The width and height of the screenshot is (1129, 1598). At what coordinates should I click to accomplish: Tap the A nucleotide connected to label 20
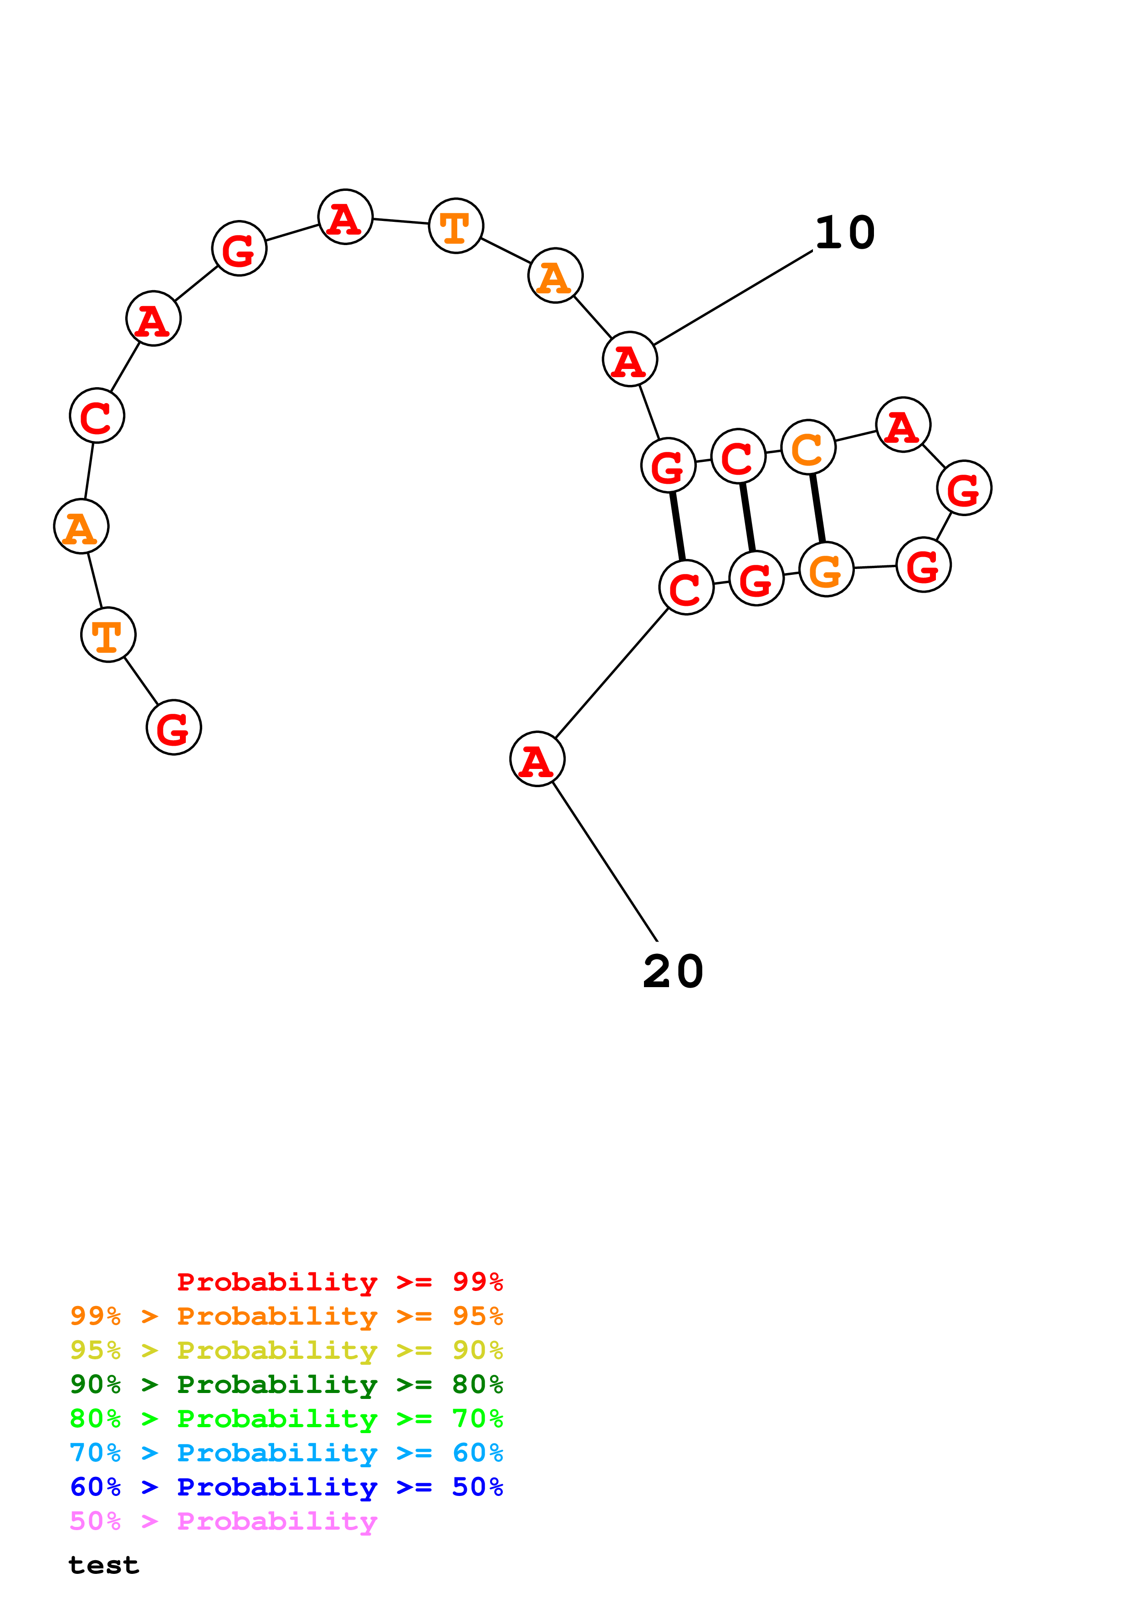pyautogui.click(x=537, y=758)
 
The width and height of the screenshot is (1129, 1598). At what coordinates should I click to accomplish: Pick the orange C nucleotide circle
pyautogui.click(x=807, y=447)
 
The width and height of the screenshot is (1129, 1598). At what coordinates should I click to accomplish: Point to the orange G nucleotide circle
pyautogui.click(x=826, y=569)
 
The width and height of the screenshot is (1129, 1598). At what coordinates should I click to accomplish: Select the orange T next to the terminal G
pyautogui.click(x=108, y=635)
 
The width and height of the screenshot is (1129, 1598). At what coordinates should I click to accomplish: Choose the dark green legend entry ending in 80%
pyautogui.click(x=286, y=1384)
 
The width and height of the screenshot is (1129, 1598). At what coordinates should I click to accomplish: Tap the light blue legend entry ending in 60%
pyautogui.click(x=286, y=1453)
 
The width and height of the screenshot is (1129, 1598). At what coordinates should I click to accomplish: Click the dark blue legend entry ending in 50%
pyautogui.click(x=286, y=1487)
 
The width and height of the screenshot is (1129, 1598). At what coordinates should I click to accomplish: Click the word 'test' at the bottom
pyautogui.click(x=104, y=1565)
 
